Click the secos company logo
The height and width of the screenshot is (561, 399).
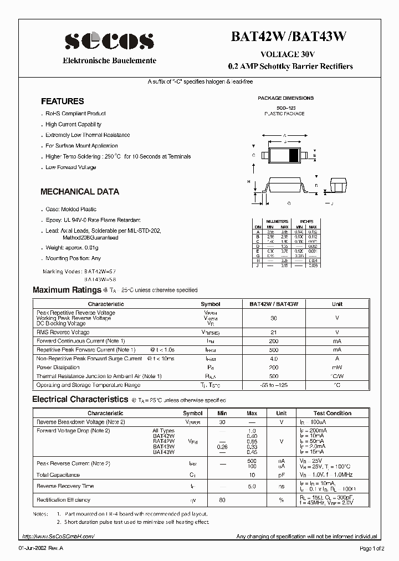click(109, 40)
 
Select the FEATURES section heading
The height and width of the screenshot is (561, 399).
click(63, 101)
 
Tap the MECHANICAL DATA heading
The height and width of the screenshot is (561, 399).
click(80, 192)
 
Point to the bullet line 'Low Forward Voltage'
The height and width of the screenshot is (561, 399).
click(71, 167)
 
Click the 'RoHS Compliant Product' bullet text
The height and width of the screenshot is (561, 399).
click(76, 114)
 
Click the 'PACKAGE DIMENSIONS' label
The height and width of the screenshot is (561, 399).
click(285, 98)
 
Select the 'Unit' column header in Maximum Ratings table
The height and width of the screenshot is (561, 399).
click(337, 304)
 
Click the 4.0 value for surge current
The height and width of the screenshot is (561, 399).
click(273, 359)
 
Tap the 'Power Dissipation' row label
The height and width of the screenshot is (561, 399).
click(59, 368)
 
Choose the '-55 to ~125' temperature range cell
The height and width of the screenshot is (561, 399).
click(273, 385)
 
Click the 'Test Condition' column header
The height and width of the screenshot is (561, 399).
click(332, 413)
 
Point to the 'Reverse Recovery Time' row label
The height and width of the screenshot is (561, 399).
click(65, 486)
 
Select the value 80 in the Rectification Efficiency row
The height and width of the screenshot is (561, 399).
click(222, 500)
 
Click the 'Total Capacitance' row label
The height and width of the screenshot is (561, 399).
click(58, 475)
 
